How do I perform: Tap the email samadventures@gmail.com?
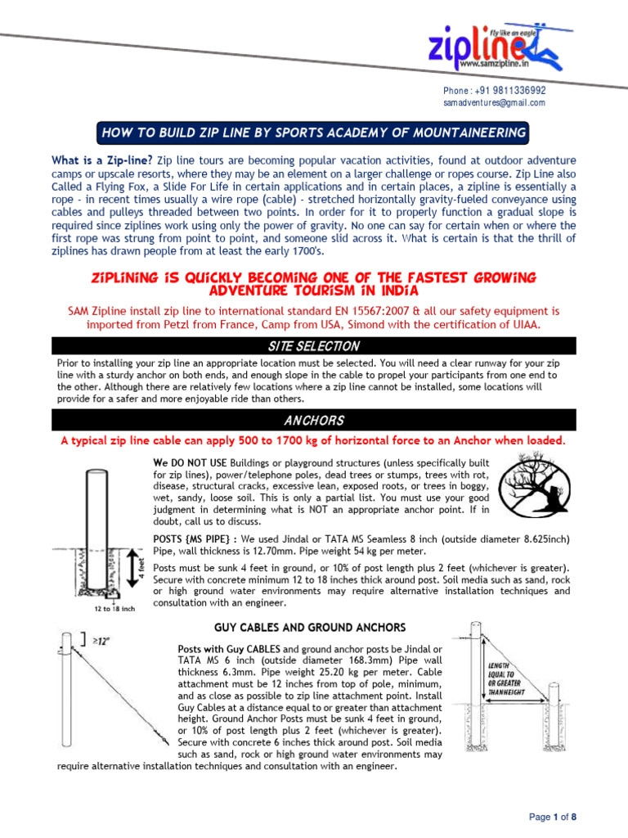coord(494,103)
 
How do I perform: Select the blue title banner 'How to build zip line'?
coord(312,133)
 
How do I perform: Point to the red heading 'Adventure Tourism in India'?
coord(313,291)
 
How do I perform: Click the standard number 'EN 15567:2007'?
coord(335,311)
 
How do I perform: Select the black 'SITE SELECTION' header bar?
coord(313,346)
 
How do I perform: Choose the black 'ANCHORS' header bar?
coord(313,421)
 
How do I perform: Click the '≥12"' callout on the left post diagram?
coord(99,642)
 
